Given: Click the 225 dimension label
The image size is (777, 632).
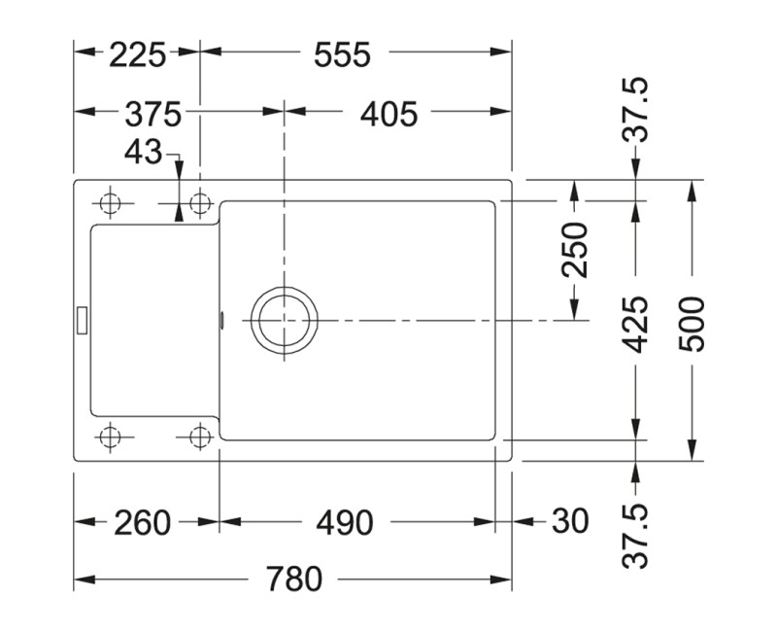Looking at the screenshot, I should pos(137,55).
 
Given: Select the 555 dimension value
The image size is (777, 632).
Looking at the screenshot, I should pos(342,55).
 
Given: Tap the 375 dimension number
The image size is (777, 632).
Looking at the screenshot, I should pos(153,114).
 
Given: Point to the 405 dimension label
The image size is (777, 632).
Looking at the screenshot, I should pos(388,114).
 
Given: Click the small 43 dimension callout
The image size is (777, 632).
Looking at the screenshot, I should pos(144,153).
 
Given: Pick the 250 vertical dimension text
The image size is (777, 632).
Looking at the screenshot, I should pos(576,249).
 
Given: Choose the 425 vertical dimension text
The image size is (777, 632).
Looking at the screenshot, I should pos(636,324).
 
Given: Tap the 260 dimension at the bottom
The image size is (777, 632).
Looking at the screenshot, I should pos(143,522).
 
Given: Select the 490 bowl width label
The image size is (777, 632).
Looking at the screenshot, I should pos(344,522).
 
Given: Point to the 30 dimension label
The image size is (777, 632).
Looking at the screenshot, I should pos(570,522).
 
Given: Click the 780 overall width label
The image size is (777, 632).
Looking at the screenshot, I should pos(293,580).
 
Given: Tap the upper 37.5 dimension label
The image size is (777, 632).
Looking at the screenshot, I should pos(636,112).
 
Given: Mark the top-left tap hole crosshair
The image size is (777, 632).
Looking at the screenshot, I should pos(110,203).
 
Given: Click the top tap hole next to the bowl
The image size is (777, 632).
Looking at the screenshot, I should pos(201,203).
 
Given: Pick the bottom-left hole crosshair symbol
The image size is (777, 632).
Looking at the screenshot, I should pos(111,436).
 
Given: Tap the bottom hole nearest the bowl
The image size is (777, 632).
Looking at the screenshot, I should pos(201,436).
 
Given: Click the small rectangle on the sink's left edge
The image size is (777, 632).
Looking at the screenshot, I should pos(83,317).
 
